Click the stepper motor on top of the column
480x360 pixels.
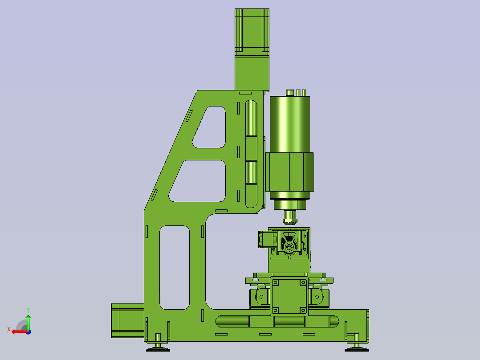[252, 32]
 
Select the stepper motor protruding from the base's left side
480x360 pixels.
[127, 321]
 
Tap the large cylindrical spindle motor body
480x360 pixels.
[289, 124]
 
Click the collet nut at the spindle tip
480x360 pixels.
[290, 221]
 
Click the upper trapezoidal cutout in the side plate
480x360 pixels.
[209, 127]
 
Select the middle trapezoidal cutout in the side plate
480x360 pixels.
[197, 181]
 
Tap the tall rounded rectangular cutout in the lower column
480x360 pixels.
[175, 267]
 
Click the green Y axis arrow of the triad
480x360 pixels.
[28, 322]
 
